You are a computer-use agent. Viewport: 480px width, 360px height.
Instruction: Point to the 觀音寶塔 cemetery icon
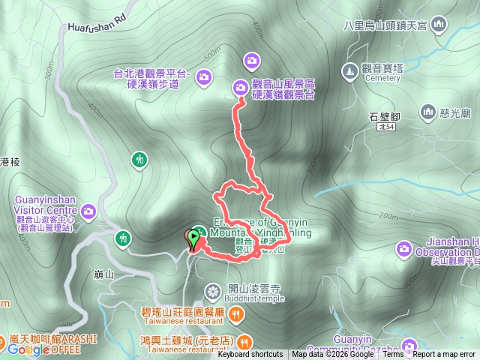pyautogui.click(x=349, y=70)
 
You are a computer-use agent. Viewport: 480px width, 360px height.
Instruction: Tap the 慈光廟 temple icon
pyautogui.click(x=428, y=113)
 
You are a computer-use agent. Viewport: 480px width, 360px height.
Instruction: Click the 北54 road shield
pyautogui.click(x=386, y=128)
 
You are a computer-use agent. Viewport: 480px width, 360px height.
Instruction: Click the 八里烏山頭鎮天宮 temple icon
pyautogui.click(x=439, y=25)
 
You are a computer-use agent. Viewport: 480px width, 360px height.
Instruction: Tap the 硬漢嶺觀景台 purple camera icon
pyautogui.click(x=241, y=87)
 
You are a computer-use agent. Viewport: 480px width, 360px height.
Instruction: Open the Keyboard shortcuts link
pyautogui.click(x=250, y=355)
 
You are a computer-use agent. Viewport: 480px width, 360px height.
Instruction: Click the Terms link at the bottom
pyautogui.click(x=392, y=355)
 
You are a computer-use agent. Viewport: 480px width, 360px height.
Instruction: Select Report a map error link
pyautogui.click(x=444, y=355)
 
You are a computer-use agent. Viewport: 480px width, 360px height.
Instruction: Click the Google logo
pyautogui.click(x=28, y=349)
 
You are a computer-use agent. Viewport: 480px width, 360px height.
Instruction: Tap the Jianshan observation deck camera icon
pyautogui.click(x=405, y=248)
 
